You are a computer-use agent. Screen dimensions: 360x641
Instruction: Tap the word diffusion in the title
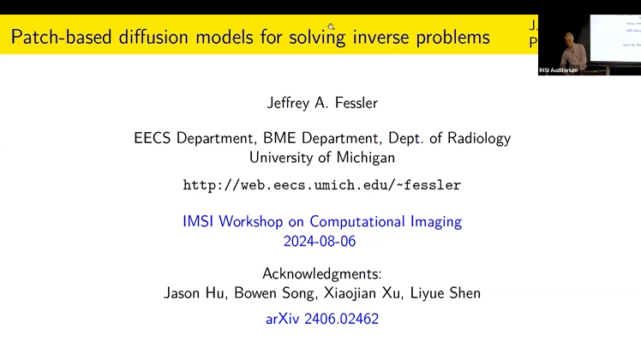point(152,37)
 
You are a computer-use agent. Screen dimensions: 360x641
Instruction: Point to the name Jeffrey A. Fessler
point(322,104)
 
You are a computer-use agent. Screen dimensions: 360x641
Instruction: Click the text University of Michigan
point(322,158)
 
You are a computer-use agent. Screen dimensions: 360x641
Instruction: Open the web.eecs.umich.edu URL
point(322,185)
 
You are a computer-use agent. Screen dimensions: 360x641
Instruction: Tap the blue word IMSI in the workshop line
point(199,221)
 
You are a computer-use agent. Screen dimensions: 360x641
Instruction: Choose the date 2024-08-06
point(320,241)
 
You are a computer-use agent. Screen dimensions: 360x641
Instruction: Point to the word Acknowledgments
point(322,274)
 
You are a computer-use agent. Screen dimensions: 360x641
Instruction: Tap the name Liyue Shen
point(448,293)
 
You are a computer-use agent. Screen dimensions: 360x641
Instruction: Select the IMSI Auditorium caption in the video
point(560,69)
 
